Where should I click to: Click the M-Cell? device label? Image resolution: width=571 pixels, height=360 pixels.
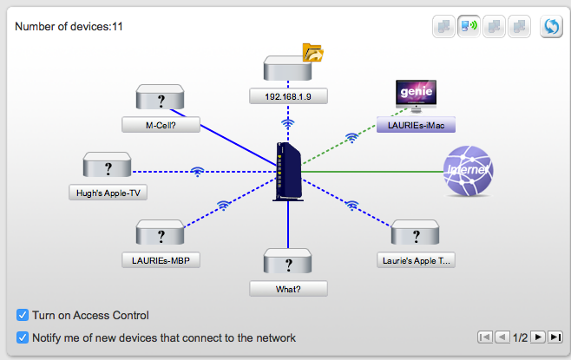[161, 125]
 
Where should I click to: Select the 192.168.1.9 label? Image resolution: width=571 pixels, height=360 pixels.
[288, 96]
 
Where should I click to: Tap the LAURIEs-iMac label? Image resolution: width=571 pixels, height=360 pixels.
[416, 125]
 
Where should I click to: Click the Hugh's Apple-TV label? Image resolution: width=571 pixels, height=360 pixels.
[108, 192]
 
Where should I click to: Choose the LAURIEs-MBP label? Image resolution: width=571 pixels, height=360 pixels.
[161, 259]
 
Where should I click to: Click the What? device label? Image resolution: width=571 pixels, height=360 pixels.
[288, 288]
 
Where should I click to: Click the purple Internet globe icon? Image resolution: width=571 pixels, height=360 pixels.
[469, 171]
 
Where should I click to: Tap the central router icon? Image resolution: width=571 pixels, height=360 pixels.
[287, 171]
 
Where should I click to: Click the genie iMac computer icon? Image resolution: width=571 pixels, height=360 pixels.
[416, 95]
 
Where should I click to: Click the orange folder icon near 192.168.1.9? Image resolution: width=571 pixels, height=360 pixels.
[312, 53]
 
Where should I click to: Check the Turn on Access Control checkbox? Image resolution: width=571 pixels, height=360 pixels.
[22, 315]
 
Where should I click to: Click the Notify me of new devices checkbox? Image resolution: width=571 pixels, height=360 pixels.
[22, 337]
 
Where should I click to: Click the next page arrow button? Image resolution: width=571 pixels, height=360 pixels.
[538, 337]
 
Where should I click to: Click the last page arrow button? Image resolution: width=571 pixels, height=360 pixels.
[555, 337]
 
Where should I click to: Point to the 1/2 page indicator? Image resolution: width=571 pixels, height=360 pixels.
[521, 337]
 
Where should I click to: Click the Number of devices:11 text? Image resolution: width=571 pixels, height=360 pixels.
[69, 26]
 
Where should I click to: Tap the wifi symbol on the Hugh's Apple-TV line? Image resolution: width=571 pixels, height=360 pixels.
[198, 171]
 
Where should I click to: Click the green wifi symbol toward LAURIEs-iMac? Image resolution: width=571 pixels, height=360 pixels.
[351, 137]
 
